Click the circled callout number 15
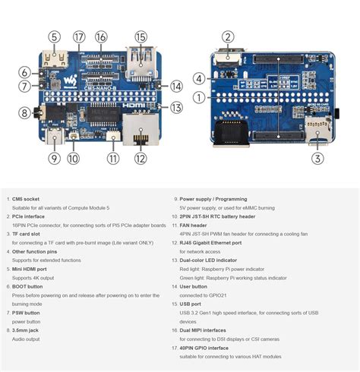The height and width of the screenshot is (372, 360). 141,36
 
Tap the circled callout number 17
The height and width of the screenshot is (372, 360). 79,36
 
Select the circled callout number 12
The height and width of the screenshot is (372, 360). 141,159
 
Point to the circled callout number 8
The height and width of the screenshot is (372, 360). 24,113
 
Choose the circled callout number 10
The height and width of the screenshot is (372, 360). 73,159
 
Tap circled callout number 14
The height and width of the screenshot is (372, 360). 176,87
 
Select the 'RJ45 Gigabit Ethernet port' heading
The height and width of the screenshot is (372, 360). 220,242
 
